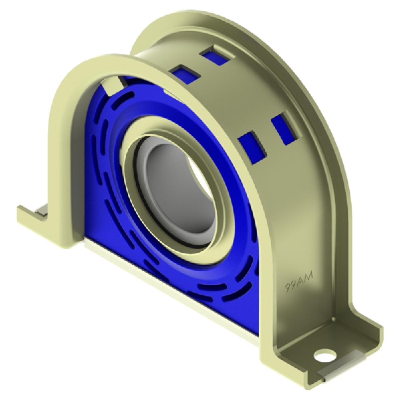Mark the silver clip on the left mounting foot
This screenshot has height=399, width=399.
pyautogui.click(x=42, y=210)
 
